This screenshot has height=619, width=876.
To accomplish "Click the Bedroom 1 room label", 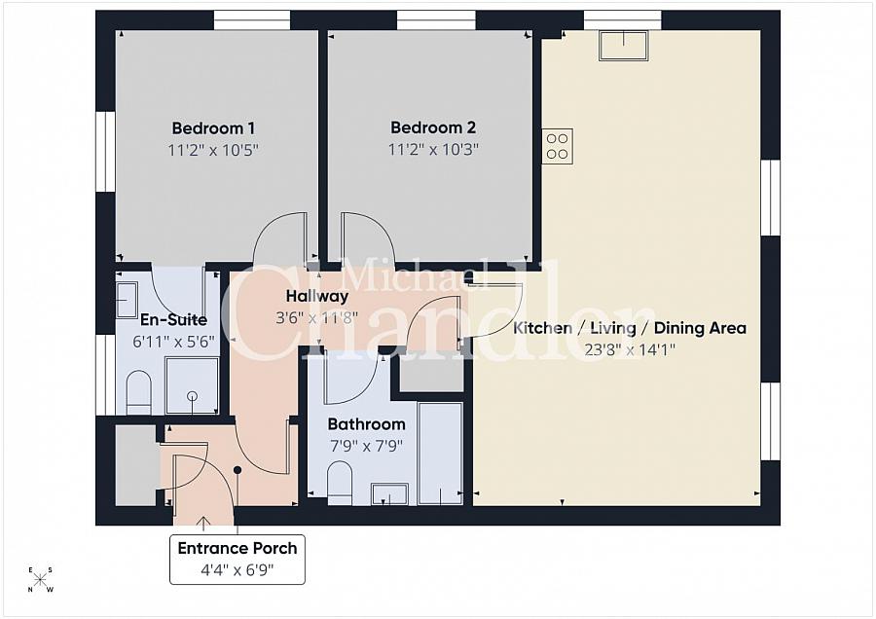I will coord(213,127).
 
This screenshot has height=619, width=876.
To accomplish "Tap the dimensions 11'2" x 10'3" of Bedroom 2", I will coord(433,149).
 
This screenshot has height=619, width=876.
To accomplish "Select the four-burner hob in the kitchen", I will coord(558,146).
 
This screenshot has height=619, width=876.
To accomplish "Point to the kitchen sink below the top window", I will coord(623,45).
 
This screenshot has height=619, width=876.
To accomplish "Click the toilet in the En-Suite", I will coord(139,392).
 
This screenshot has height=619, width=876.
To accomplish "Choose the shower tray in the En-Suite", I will coord(192,385).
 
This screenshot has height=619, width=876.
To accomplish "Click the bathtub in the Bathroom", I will coord(441,453).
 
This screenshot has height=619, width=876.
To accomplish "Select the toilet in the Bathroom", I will coord(340,483).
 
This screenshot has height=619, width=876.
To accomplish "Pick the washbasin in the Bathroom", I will coord(389,493).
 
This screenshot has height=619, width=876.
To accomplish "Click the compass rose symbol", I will coord(41,580).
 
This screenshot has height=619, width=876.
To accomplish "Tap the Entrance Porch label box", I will coord(237,559).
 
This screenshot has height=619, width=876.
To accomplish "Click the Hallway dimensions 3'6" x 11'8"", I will coord(316,317).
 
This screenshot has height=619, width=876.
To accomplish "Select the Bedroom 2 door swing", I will coord(368,238).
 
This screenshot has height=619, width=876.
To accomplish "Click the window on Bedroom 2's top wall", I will coord(436,19).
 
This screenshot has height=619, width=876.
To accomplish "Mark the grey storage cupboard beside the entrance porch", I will coord(135,464).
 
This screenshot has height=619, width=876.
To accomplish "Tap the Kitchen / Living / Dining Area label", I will coord(630,328).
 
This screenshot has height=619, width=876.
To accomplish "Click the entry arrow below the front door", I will coord(203,524).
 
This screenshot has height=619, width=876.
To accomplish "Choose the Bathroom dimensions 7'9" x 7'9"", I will coord(366,446).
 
